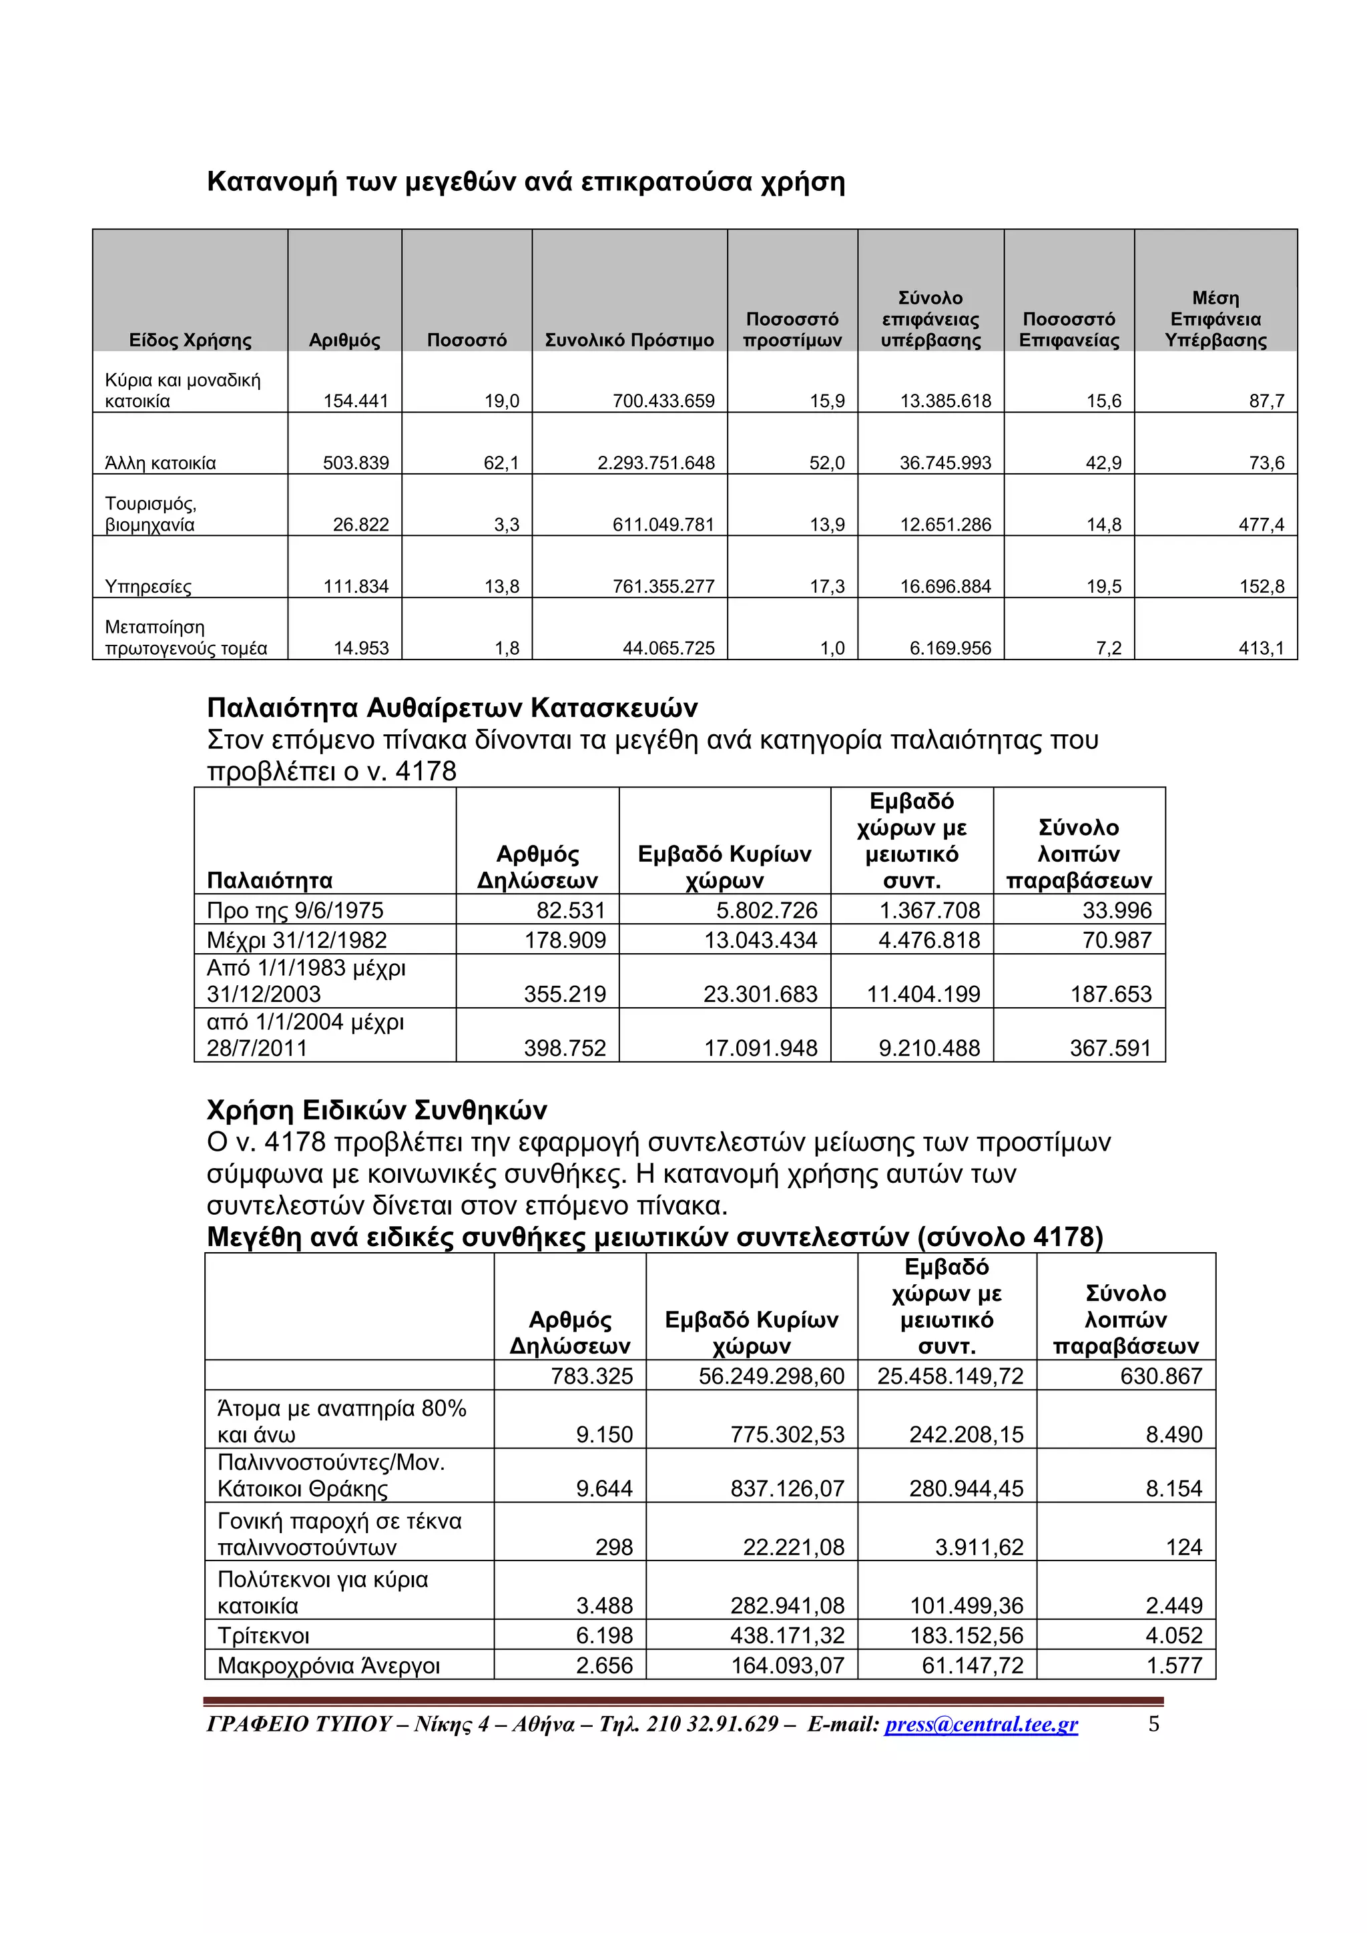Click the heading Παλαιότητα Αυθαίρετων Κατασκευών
[452, 708]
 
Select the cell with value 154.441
[356, 400]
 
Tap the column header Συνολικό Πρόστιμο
[629, 340]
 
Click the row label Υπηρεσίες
[148, 587]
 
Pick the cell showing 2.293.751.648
[655, 463]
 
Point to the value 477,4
[1261, 525]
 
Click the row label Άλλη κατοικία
[160, 463]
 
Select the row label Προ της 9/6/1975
[294, 910]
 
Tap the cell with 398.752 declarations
[565, 1048]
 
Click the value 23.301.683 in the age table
[760, 995]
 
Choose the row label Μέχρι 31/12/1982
[296, 940]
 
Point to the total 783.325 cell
[592, 1376]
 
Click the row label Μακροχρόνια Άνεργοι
[328, 1665]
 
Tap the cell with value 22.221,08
[793, 1547]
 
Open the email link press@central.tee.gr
[981, 1724]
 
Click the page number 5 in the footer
[1154, 1724]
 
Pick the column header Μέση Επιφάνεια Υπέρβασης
[1215, 319]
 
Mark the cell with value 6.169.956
[950, 648]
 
